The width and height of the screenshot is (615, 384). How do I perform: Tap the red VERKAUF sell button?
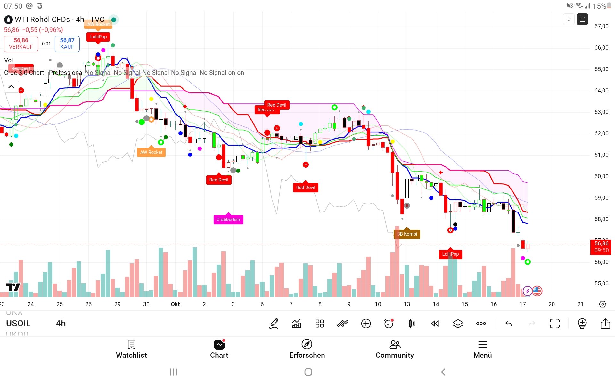pyautogui.click(x=21, y=44)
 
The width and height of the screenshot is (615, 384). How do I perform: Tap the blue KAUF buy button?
pyautogui.click(x=67, y=44)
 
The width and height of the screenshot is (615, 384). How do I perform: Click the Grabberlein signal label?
pyautogui.click(x=228, y=220)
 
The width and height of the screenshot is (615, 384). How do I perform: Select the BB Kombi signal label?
pyautogui.click(x=407, y=234)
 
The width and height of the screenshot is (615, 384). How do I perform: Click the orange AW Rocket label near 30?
pyautogui.click(x=151, y=152)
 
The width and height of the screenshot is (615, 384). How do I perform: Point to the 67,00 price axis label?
pyautogui.click(x=601, y=26)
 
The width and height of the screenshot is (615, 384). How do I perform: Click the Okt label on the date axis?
pyautogui.click(x=175, y=304)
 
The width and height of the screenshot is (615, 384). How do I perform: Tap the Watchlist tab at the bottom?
pyautogui.click(x=131, y=349)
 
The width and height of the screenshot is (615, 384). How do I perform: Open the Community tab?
pyautogui.click(x=395, y=349)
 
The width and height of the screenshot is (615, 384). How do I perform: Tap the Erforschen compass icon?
pyautogui.click(x=307, y=344)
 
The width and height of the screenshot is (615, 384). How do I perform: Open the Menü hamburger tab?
pyautogui.click(x=482, y=349)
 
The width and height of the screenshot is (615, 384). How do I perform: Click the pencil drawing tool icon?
pyautogui.click(x=274, y=324)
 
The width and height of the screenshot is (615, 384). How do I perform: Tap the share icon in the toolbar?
pyautogui.click(x=605, y=324)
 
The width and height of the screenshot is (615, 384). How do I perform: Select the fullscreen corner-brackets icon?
pyautogui.click(x=555, y=324)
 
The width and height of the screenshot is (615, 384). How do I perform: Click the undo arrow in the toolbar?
pyautogui.click(x=508, y=324)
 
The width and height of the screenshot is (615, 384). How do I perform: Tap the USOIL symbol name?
pyautogui.click(x=18, y=324)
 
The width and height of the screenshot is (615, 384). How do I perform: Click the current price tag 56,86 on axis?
pyautogui.click(x=601, y=247)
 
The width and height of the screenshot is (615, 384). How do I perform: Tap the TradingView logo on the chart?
pyautogui.click(x=13, y=287)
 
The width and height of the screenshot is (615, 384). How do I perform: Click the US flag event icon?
pyautogui.click(x=537, y=291)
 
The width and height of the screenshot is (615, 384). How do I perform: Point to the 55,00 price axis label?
pyautogui.click(x=601, y=284)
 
